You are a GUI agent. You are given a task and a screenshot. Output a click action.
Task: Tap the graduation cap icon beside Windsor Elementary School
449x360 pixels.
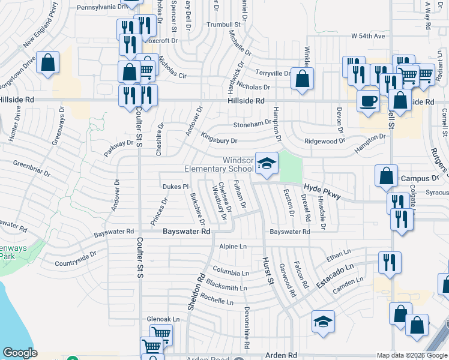click(x=267, y=163)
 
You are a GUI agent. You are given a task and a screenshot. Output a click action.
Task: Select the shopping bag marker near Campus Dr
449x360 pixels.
click(x=387, y=176)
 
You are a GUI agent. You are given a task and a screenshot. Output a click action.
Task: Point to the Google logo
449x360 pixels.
click(x=20, y=353)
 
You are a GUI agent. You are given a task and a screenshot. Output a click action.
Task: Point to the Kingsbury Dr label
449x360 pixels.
click(x=219, y=139)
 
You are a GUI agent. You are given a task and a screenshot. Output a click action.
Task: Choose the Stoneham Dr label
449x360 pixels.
click(x=252, y=123)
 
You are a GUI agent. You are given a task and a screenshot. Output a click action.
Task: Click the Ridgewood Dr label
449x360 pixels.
click(x=325, y=141)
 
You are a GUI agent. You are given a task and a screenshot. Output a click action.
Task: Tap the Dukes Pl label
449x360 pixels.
click(x=175, y=187)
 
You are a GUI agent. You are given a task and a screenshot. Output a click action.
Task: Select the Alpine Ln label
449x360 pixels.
click(x=233, y=247)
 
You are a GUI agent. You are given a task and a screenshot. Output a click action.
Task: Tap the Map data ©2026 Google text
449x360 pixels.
click(x=411, y=355)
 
